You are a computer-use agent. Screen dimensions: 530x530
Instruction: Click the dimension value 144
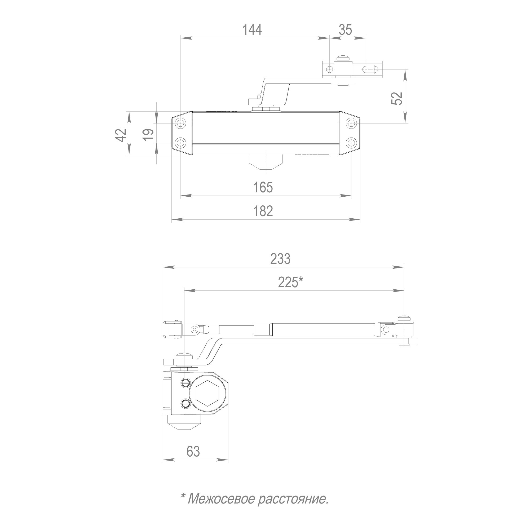tap(252, 30)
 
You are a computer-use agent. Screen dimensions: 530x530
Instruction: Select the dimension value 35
tap(345, 30)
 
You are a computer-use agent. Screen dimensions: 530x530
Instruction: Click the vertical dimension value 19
tap(148, 134)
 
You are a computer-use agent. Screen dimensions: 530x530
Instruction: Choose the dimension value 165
tap(263, 187)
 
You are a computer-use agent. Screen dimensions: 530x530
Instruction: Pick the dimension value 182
tap(263, 211)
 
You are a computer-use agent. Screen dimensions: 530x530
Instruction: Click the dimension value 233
tap(280, 259)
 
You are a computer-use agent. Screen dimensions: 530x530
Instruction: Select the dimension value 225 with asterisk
tap(290, 282)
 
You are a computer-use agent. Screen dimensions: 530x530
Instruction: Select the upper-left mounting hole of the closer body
tap(180, 123)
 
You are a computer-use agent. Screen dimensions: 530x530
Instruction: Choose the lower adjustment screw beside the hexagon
tap(185, 403)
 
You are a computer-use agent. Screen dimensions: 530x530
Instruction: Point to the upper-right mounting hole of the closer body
tap(351, 123)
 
